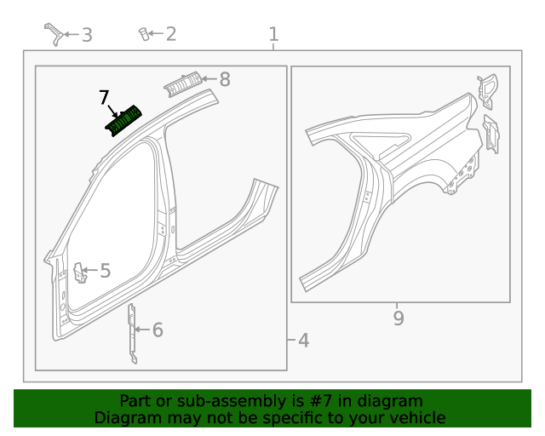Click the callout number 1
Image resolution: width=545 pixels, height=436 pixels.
pyautogui.click(x=273, y=34)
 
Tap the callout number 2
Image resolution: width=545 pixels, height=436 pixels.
pyautogui.click(x=171, y=34)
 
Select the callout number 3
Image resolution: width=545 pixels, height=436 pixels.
pyautogui.click(x=87, y=35)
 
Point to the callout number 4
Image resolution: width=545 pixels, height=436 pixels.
pyautogui.click(x=303, y=341)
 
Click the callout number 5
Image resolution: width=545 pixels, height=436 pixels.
pyautogui.click(x=105, y=271)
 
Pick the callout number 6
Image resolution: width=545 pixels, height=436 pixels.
pyautogui.click(x=157, y=330)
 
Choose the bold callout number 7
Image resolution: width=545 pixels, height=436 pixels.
pyautogui.click(x=104, y=97)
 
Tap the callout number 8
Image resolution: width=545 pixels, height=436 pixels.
pyautogui.click(x=225, y=79)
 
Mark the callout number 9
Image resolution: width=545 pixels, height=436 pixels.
pyautogui.click(x=399, y=318)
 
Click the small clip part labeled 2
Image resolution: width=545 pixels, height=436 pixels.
pyautogui.click(x=144, y=34)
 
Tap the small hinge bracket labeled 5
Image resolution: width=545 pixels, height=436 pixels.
pyautogui.click(x=79, y=272)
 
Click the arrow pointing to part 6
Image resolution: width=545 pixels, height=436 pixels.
pyautogui.click(x=144, y=330)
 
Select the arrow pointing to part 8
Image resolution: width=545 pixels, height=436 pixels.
pyautogui.click(x=209, y=79)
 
